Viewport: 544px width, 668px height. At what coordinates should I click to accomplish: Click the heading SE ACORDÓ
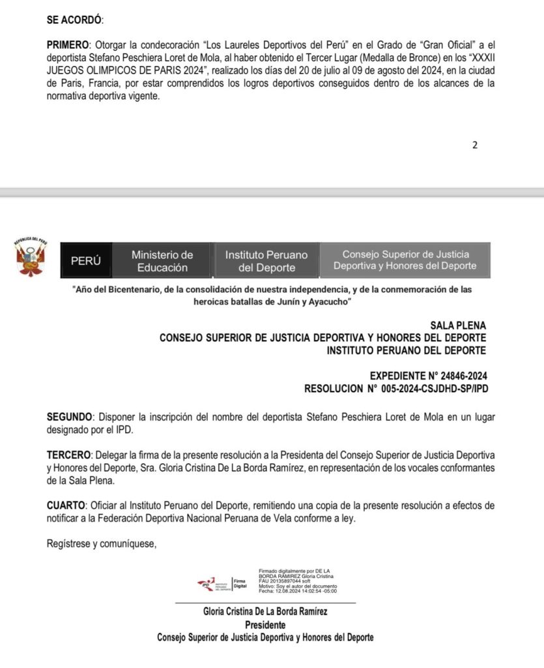point(74,20)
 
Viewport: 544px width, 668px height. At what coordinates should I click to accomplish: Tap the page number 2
point(475,145)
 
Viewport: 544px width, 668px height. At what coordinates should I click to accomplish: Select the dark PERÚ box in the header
point(86,261)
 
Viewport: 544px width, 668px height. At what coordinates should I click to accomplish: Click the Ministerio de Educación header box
point(162,261)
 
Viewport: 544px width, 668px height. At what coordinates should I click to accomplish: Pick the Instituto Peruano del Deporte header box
point(266,261)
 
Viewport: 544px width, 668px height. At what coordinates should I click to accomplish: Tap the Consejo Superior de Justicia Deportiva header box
point(405,261)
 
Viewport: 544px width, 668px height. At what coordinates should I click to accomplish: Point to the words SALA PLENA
point(457,325)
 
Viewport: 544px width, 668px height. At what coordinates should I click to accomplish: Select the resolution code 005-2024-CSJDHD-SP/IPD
point(427,389)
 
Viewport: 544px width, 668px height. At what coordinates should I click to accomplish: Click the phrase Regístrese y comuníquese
point(102,543)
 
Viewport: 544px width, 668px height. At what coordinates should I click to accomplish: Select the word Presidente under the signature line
point(265,624)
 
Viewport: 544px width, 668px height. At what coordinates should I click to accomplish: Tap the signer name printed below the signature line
point(265,611)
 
